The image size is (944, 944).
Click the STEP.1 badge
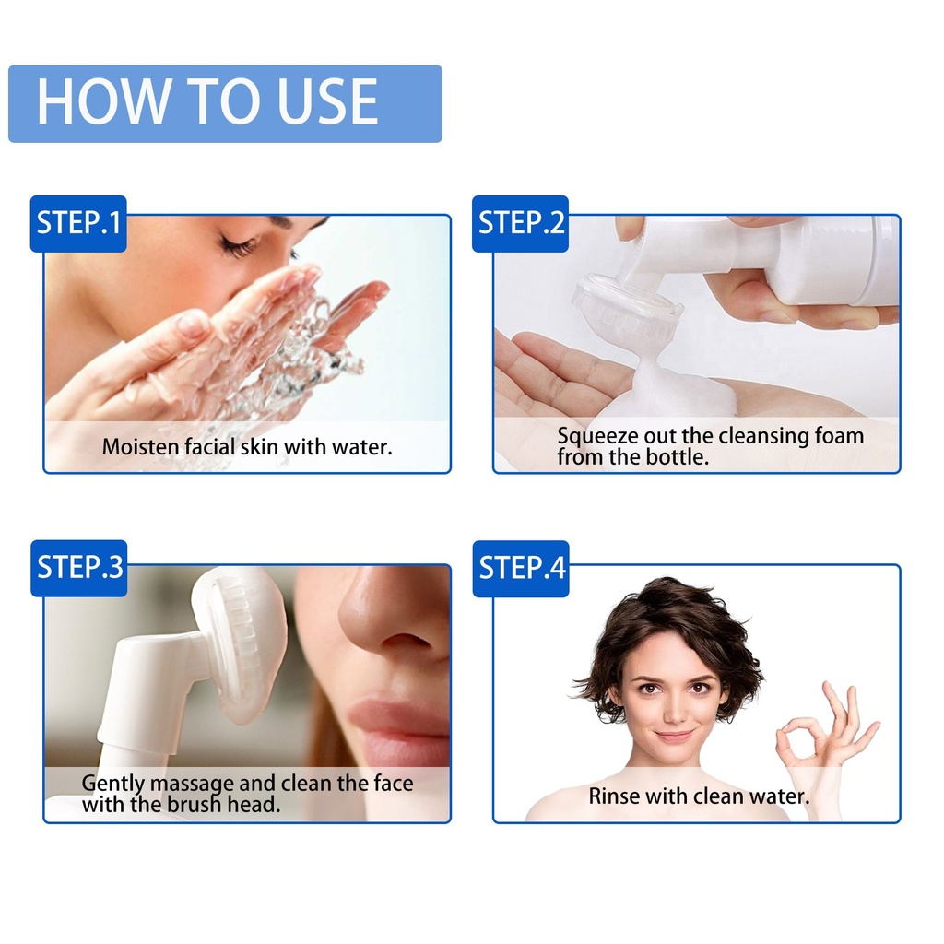pos(78,223)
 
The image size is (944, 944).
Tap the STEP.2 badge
pos(520,223)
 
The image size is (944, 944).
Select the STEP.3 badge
pos(79,568)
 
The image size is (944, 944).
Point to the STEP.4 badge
pos(521,568)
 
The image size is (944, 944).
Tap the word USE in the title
pos(327,101)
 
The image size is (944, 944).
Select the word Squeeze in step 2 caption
pos(597,436)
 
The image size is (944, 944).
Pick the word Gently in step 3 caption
pos(113,784)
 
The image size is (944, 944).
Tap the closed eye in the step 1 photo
pos(238,245)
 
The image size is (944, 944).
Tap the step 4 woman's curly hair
pos(668,626)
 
